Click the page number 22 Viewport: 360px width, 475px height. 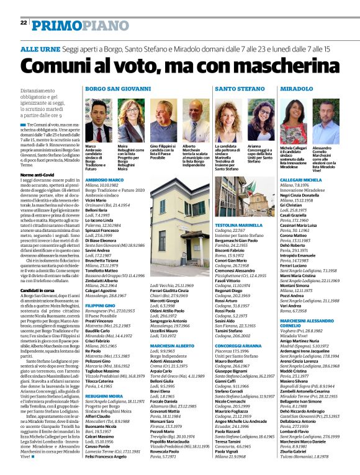coord(24,22)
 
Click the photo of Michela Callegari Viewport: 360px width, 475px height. coord(295,120)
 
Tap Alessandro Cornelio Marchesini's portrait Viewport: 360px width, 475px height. coord(327,120)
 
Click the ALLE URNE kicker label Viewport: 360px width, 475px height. coord(40,48)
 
